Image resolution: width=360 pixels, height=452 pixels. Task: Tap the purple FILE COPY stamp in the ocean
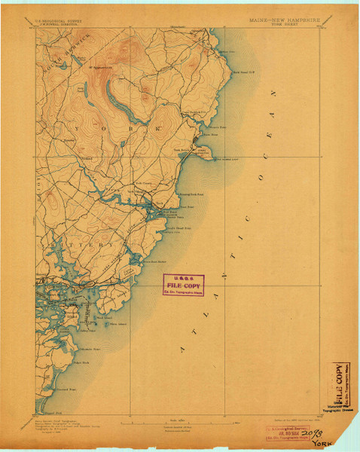pyautogui.click(x=184, y=285)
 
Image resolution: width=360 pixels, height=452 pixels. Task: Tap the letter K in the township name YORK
pyautogui.click(x=160, y=130)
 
